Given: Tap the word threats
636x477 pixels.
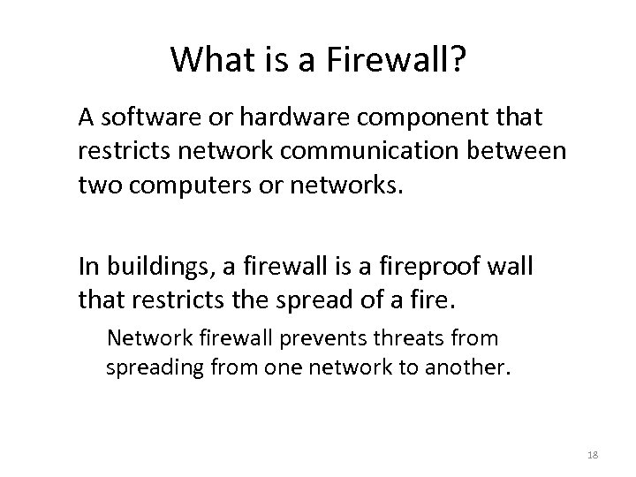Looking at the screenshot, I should tap(401, 337).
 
